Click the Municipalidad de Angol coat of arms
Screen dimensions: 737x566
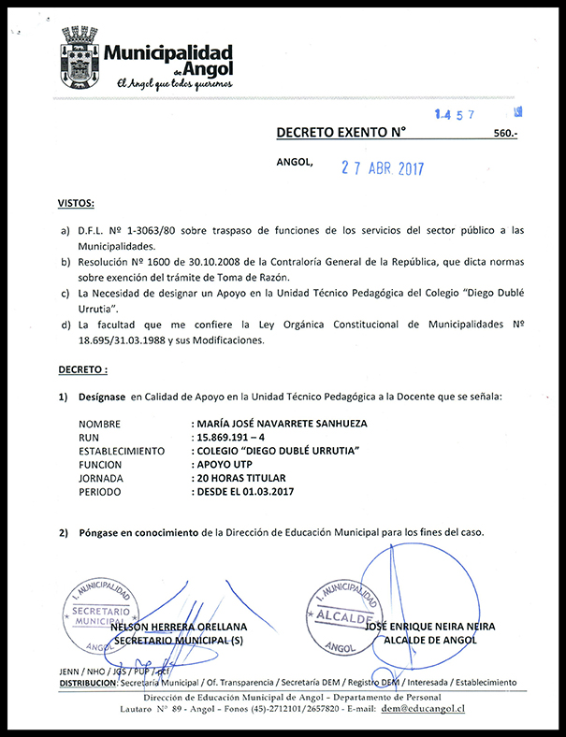click(x=80, y=58)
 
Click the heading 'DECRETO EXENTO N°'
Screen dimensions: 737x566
click(x=341, y=133)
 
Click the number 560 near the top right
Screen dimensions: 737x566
click(x=504, y=135)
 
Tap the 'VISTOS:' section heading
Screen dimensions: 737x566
click(x=76, y=203)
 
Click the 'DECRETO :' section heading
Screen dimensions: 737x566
click(x=81, y=370)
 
